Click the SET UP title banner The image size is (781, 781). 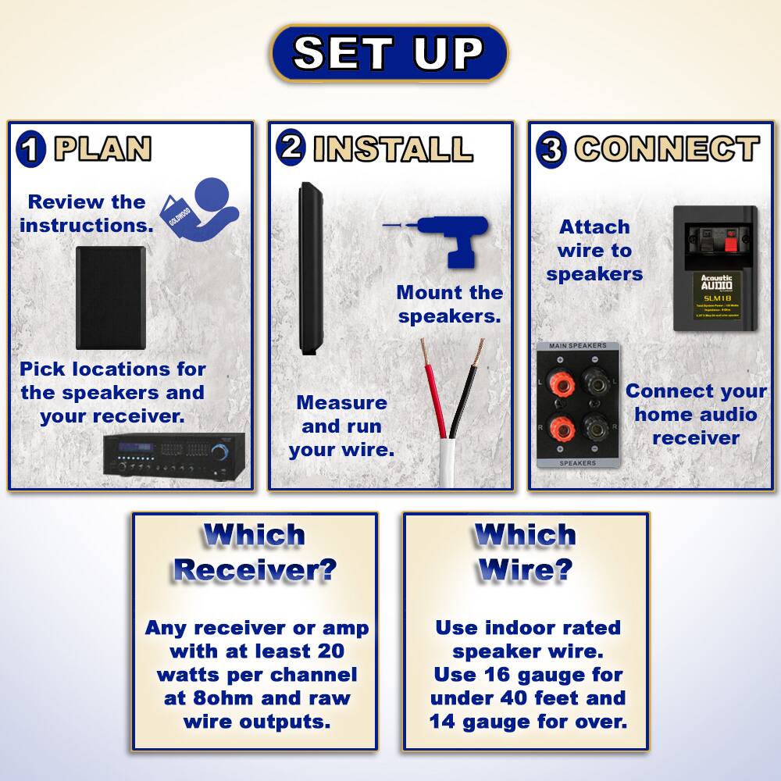coord(389,53)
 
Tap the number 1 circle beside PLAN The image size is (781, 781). coord(30,149)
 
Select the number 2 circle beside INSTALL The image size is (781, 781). coord(291,147)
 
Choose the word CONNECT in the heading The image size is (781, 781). coord(667,149)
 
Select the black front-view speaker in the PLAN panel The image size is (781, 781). coord(111,298)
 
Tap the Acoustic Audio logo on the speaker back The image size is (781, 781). coord(716,283)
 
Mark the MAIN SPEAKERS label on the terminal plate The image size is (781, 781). coord(578,346)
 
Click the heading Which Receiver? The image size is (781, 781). coord(254,552)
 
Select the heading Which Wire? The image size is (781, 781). coord(525,552)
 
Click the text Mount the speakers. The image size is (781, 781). coord(450,305)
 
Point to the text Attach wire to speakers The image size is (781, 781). coord(594,250)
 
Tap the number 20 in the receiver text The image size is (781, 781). coord(329,651)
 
